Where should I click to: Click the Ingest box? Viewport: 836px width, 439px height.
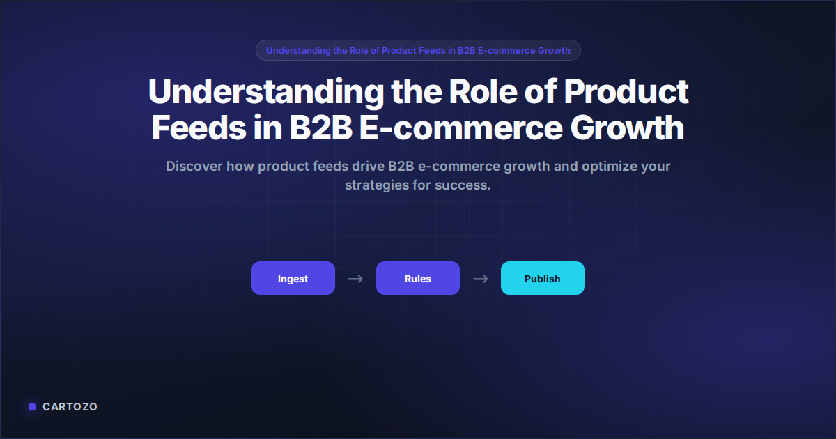click(293, 278)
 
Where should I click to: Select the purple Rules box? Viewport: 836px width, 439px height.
click(417, 278)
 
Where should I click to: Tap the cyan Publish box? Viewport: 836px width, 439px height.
click(542, 278)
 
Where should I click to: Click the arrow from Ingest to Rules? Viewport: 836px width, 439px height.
click(355, 279)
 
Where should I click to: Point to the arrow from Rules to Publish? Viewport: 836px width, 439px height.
click(480, 279)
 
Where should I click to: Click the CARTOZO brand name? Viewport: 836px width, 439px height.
click(70, 407)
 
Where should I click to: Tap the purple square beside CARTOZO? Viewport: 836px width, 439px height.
click(32, 407)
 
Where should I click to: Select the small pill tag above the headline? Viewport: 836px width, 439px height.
click(418, 50)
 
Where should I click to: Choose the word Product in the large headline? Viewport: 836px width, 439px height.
click(625, 93)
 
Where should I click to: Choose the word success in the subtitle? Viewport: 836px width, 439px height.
click(465, 186)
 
